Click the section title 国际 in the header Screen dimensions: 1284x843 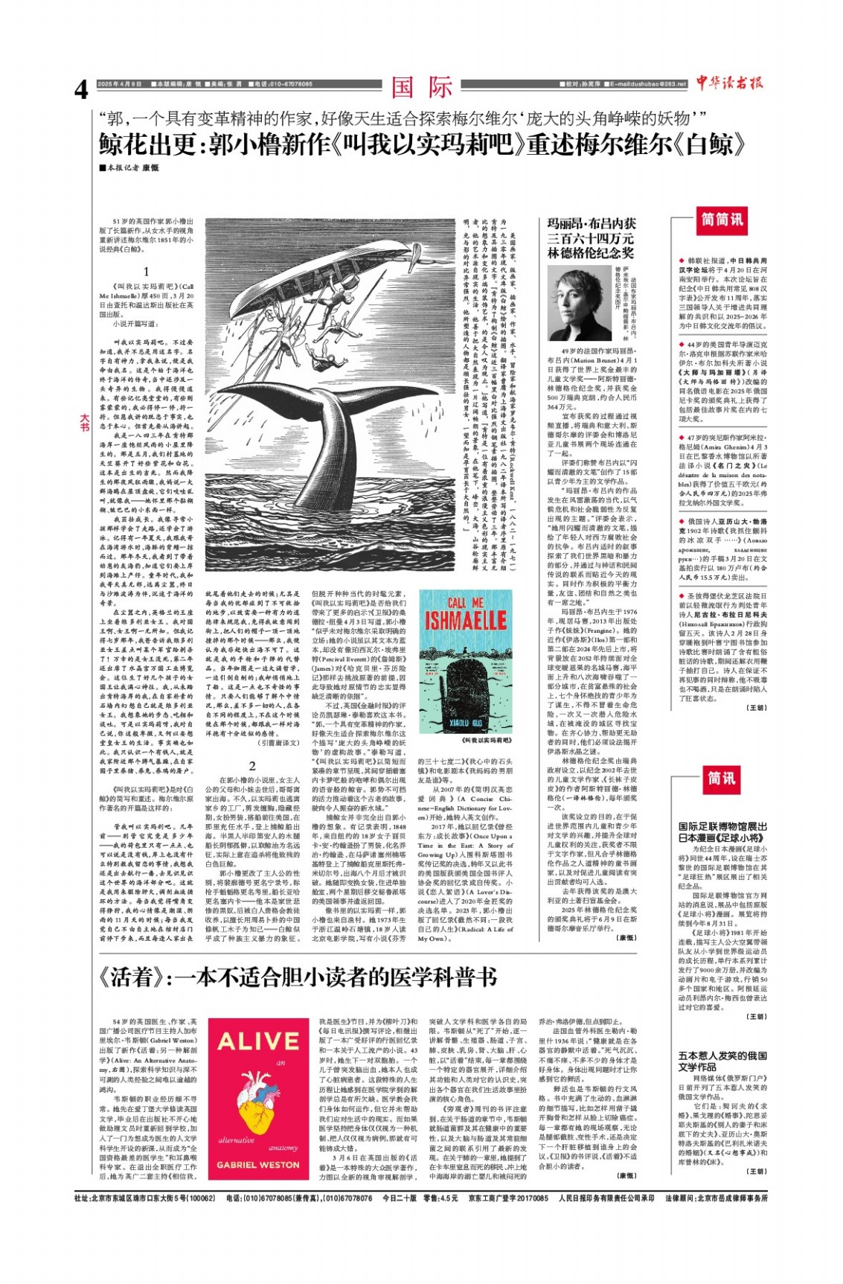tap(421, 87)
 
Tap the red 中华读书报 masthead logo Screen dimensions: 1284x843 tap(730, 83)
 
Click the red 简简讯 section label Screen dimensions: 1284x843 tap(722, 220)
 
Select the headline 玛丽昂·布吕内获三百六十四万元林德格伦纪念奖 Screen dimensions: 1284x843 tap(592, 237)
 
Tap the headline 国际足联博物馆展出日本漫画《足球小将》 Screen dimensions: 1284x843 tap(722, 831)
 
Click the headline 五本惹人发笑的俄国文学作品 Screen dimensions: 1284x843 tap(722, 1061)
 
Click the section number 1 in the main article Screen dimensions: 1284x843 tap(147, 272)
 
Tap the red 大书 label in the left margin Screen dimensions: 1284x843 tap(84, 423)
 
